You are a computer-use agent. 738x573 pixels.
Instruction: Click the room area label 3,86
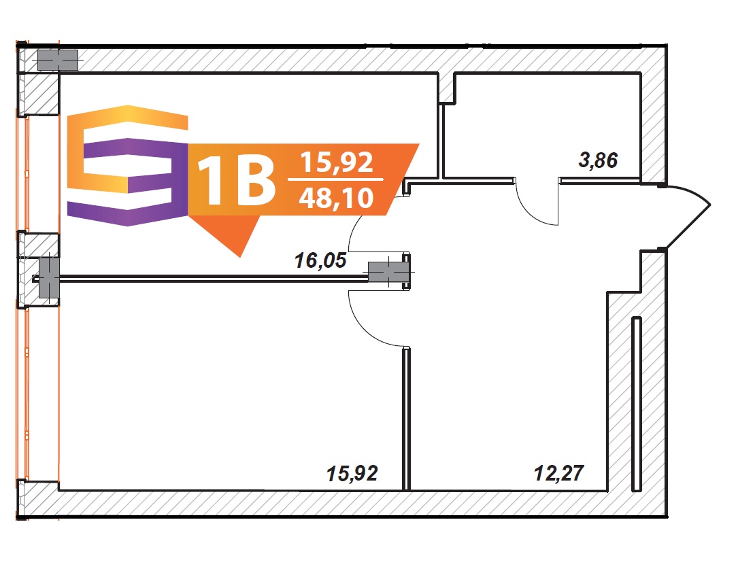tap(598, 160)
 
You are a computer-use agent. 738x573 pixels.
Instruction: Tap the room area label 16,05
tap(320, 260)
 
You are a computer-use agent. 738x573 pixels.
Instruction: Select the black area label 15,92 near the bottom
tap(352, 474)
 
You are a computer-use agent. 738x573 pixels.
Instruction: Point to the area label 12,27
tap(559, 473)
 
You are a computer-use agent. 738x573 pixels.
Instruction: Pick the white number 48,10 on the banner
tap(336, 198)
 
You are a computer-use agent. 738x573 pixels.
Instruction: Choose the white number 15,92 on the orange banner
tap(337, 162)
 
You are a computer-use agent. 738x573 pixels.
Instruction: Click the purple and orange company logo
tap(128, 166)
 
